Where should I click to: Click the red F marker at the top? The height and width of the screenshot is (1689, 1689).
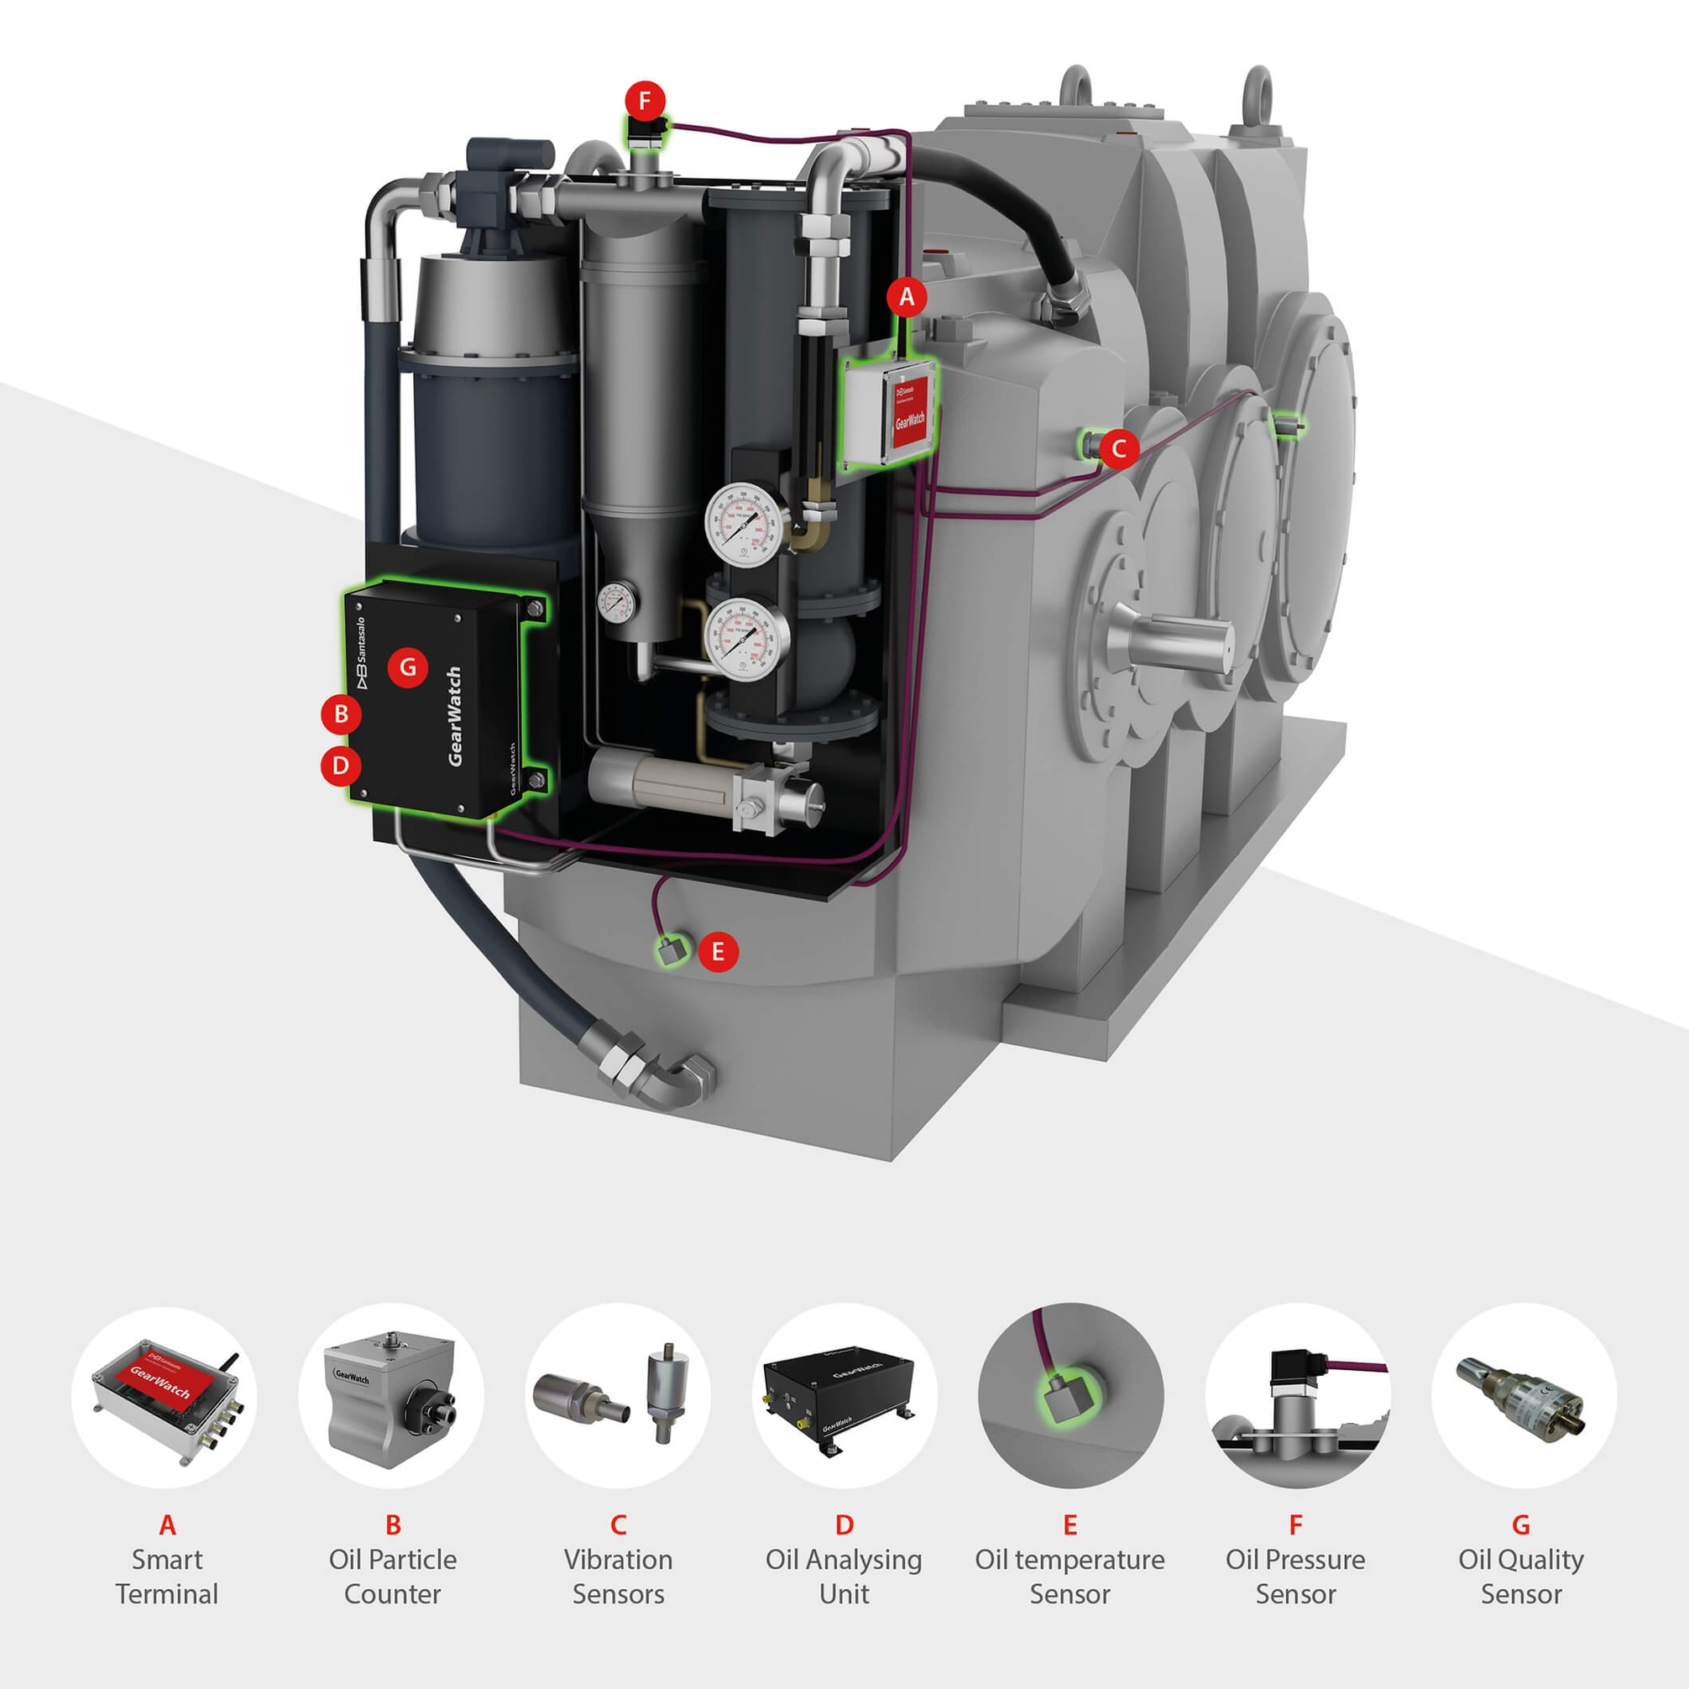pos(646,102)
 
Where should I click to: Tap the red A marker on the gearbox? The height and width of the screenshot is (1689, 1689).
pos(907,297)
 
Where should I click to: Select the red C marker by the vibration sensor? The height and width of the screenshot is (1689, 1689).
pos(1118,449)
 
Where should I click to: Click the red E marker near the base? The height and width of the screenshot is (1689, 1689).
pos(718,951)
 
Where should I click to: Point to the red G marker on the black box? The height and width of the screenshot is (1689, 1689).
pos(408,668)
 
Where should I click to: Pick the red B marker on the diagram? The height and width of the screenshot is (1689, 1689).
pos(341,714)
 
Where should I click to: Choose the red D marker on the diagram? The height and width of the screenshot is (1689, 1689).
pos(341,766)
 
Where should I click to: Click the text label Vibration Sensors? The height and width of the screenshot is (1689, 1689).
pos(618,1577)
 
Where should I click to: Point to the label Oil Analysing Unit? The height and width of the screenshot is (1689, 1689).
pos(844,1577)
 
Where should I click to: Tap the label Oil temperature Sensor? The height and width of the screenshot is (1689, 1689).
pos(1069,1577)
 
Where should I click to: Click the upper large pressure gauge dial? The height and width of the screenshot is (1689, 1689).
pos(743,525)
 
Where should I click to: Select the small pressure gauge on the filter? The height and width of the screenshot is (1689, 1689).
pos(617,603)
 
